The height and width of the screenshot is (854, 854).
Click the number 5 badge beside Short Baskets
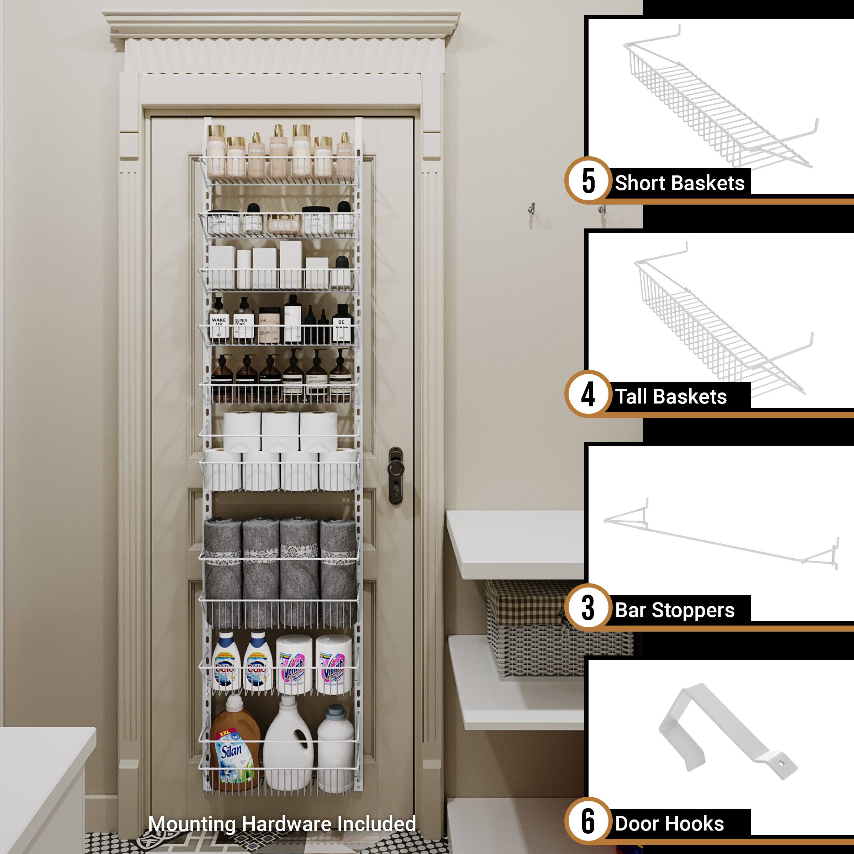coord(588,181)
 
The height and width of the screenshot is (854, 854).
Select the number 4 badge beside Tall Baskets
coord(588,394)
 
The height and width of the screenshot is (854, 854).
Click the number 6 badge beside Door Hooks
coord(588,821)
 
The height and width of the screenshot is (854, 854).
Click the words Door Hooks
coord(669,823)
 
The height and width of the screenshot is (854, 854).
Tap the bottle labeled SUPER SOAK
coord(243,321)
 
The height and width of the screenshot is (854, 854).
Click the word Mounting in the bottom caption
coord(192,824)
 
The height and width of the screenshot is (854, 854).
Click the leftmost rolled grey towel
coord(223,570)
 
